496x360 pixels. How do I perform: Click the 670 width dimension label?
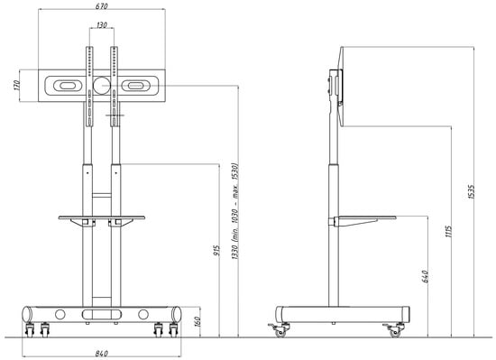pos(101,6)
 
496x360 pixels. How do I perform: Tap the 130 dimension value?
pos(102,24)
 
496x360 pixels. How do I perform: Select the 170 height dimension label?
pos(17,86)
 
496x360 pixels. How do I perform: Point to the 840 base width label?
pos(101,354)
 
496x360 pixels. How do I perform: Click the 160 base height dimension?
pos(197,322)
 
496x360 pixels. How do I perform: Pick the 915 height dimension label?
pos(216,251)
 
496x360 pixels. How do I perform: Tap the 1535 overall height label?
pos(471,191)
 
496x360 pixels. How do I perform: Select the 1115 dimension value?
pos(448,232)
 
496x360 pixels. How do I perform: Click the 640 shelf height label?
pos(425,276)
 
